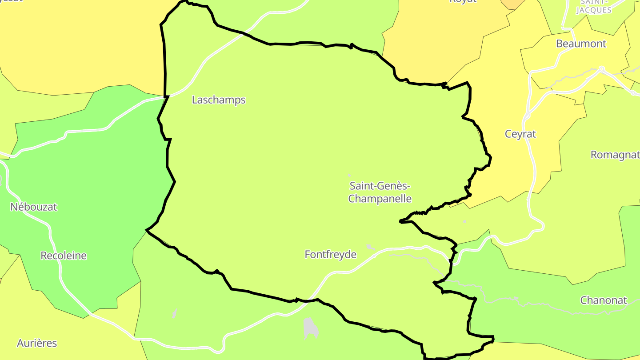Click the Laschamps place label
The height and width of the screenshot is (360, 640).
pyautogui.click(x=218, y=100)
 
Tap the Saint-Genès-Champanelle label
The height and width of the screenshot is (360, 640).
pyautogui.click(x=380, y=192)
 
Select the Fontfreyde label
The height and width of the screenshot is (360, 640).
pyautogui.click(x=330, y=255)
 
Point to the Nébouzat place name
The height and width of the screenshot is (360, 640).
pyautogui.click(x=34, y=207)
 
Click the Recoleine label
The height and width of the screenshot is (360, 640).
pyautogui.click(x=64, y=256)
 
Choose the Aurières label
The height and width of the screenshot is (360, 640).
pyautogui.click(x=37, y=343)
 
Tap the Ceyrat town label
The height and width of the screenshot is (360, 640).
pyautogui.click(x=520, y=134)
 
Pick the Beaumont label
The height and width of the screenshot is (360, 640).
pyautogui.click(x=581, y=44)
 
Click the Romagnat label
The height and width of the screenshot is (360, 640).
pyautogui.click(x=615, y=155)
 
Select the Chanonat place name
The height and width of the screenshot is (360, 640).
pyautogui.click(x=604, y=300)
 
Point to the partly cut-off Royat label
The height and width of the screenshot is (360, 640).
pyautogui.click(x=463, y=1)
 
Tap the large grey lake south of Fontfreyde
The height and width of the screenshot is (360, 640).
pyautogui.click(x=311, y=328)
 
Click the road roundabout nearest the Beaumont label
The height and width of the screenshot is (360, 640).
pyautogui.click(x=601, y=69)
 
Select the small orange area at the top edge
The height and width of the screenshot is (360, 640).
pyautogui.click(x=513, y=3)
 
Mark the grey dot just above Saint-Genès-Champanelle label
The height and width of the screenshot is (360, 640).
pyautogui.click(x=349, y=175)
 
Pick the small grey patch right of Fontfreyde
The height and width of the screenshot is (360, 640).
pyautogui.click(x=370, y=247)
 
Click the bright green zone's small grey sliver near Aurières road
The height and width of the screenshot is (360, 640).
pyautogui.click(x=174, y=313)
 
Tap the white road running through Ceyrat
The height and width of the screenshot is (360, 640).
pyautogui.click(x=531, y=147)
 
